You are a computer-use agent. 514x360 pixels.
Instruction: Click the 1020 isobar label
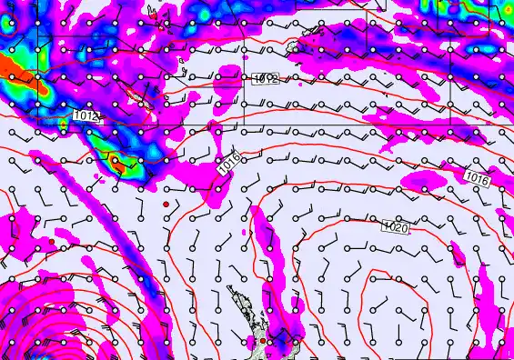click(396, 226)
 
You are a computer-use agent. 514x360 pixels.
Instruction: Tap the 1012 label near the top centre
click(267, 79)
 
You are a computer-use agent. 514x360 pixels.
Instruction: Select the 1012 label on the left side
click(87, 115)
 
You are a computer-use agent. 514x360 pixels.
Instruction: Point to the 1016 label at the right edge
click(478, 177)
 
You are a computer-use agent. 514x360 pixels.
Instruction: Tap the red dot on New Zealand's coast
click(263, 340)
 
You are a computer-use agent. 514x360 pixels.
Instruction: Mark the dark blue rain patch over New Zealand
click(289, 343)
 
